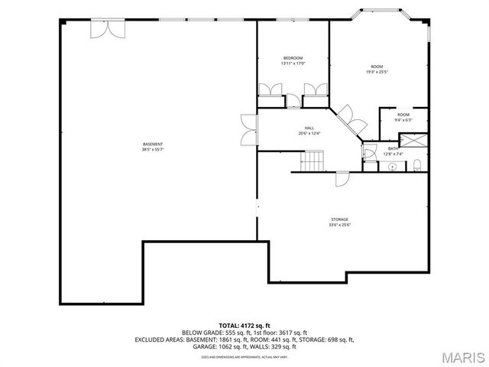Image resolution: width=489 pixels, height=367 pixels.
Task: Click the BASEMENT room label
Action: tap(152, 145)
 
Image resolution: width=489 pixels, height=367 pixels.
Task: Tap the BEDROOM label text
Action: tap(293, 58)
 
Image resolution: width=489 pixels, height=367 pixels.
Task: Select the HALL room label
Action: tap(309, 128)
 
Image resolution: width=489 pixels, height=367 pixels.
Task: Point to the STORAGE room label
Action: tap(339, 219)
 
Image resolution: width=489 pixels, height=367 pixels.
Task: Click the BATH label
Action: tap(392, 148)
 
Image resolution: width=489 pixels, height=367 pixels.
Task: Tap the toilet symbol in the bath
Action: tap(417, 165)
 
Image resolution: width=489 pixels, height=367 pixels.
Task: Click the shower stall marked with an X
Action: tap(414, 139)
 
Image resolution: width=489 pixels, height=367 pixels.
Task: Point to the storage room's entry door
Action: tap(342, 179)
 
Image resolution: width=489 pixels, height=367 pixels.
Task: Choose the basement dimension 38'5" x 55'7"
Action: tap(152, 150)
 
